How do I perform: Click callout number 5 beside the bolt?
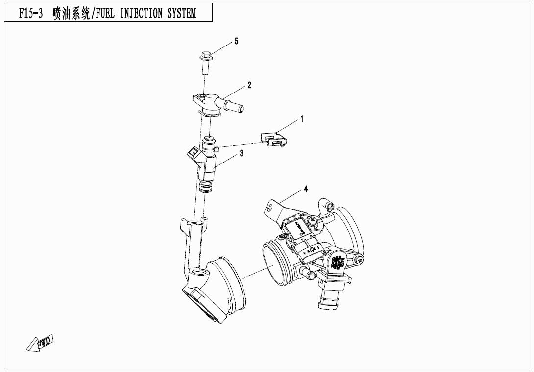(x=236, y=41)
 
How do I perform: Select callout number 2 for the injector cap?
(x=249, y=85)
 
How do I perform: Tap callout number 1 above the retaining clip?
(x=302, y=119)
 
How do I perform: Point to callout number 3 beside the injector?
(x=242, y=153)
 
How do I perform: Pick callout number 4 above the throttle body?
(x=306, y=188)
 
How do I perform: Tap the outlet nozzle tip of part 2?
(x=241, y=106)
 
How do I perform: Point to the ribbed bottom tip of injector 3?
(x=207, y=187)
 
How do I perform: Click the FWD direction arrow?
(x=39, y=344)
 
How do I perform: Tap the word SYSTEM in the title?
(x=182, y=13)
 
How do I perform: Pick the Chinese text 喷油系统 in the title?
(x=71, y=13)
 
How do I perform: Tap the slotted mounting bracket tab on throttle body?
(x=269, y=206)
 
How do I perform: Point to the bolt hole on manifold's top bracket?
(x=194, y=223)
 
